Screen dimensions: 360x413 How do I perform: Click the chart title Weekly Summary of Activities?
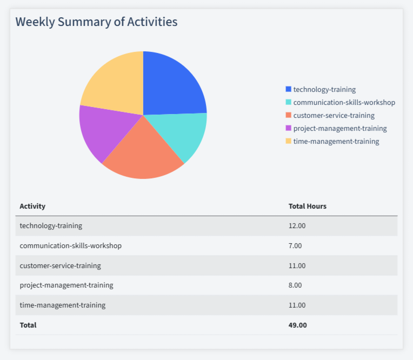click(96, 22)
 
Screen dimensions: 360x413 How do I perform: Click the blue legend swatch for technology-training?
click(288, 89)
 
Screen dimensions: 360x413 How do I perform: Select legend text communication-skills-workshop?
click(344, 102)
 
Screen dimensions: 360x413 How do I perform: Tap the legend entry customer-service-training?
click(334, 115)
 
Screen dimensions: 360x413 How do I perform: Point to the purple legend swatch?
click(288, 128)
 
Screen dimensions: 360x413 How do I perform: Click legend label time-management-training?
click(336, 141)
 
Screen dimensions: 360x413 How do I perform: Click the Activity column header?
click(32, 206)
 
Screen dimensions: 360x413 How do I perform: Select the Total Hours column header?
click(307, 206)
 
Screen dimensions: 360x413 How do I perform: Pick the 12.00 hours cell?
click(297, 226)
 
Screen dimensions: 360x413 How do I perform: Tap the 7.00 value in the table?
click(295, 245)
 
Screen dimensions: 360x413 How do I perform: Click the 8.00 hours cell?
click(295, 285)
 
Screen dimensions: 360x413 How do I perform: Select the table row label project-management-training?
click(66, 285)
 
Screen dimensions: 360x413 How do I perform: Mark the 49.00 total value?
click(297, 325)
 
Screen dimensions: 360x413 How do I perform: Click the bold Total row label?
click(28, 325)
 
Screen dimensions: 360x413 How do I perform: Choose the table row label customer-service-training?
click(60, 265)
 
